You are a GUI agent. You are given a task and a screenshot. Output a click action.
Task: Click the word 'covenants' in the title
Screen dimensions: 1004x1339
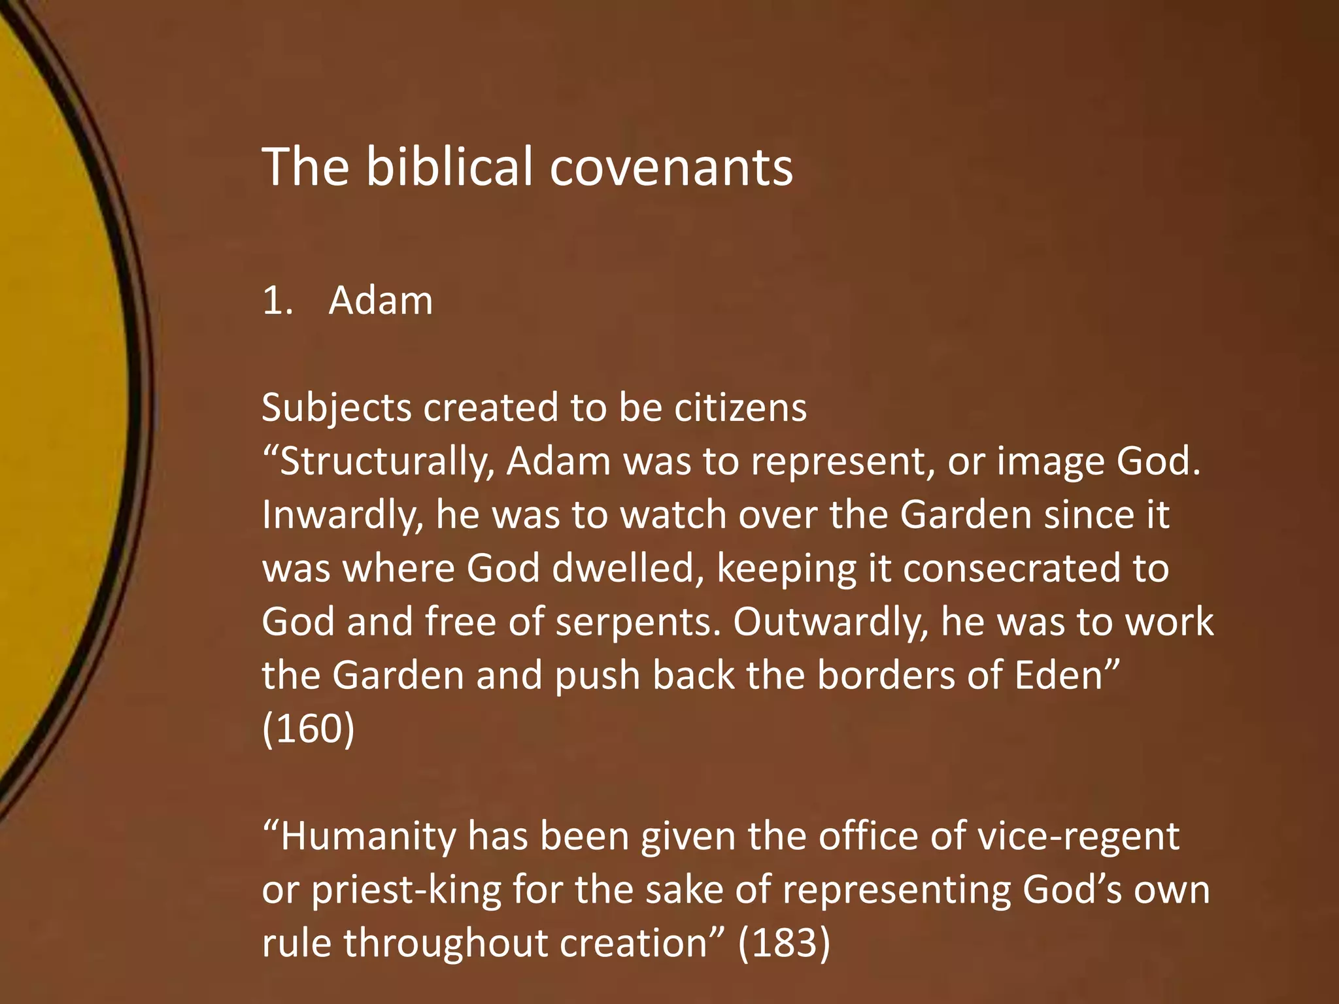671,167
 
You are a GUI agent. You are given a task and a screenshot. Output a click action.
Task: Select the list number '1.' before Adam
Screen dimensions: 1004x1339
277,301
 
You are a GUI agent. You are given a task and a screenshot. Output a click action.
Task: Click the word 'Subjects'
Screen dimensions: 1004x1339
336,409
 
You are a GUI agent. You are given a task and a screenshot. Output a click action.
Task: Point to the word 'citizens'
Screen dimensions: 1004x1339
740,408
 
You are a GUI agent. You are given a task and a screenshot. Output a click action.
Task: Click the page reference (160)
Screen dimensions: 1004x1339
308,729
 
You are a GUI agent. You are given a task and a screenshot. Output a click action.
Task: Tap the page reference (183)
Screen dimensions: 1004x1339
784,943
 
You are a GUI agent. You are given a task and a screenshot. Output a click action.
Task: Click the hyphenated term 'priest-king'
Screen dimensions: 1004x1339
405,891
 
